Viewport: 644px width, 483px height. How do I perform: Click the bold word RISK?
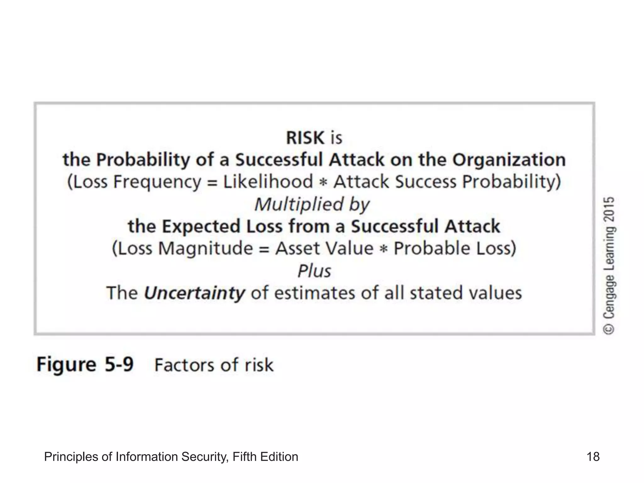[x=305, y=138]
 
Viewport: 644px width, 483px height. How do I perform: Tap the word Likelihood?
[x=268, y=182]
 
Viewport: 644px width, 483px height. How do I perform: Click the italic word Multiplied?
[x=299, y=204]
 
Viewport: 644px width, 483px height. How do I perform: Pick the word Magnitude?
[x=205, y=248]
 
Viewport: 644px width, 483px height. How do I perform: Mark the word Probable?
[x=432, y=248]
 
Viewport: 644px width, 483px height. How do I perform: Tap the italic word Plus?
[x=314, y=271]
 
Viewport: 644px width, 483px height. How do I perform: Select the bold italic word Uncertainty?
[x=194, y=293]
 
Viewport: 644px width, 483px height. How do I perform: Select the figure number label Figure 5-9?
[x=85, y=365]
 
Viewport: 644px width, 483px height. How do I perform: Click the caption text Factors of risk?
[x=214, y=365]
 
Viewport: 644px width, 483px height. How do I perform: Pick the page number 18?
[x=593, y=457]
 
